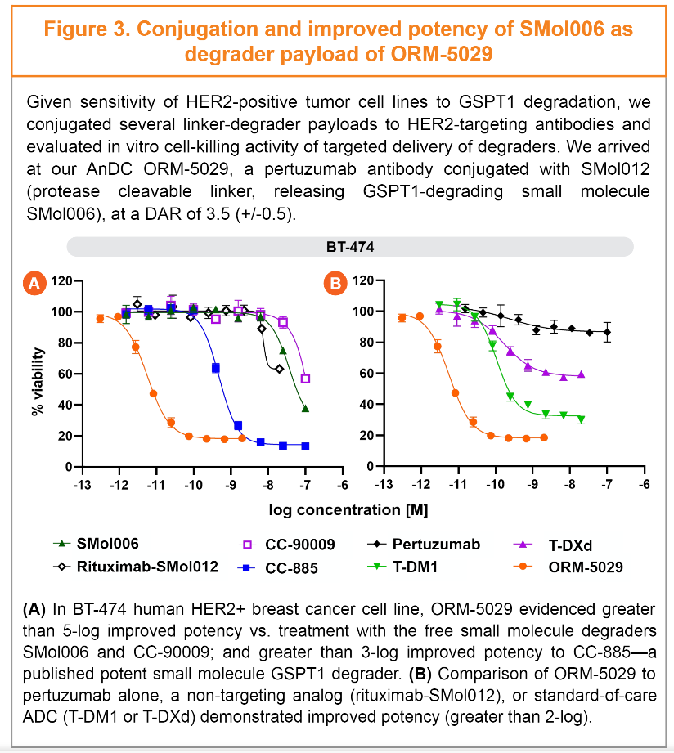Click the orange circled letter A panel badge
[x=34, y=284]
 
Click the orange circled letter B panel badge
[x=335, y=284]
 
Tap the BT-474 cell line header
[x=349, y=245]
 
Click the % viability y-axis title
[x=38, y=374]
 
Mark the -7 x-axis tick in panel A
[x=305, y=484]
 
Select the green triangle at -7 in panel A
[x=305, y=409]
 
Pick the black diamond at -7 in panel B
[x=607, y=332]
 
